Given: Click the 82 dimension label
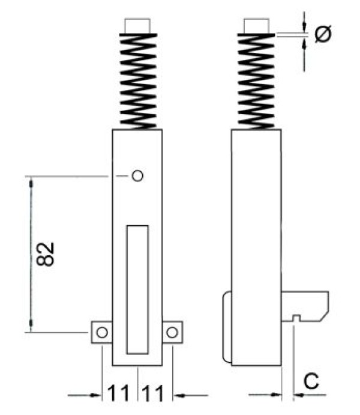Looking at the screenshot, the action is (45, 254).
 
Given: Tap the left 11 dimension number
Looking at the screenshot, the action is (118, 393).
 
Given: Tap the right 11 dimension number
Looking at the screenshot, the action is (153, 393).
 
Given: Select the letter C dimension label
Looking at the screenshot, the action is (311, 381).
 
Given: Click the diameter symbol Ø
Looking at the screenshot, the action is (323, 34).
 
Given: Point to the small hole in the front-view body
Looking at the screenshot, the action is (137, 176).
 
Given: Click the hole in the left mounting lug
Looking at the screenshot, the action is (102, 332).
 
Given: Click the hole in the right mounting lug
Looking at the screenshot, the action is (172, 332).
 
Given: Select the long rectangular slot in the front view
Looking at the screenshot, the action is (137, 290).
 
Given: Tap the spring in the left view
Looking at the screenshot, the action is (138, 81).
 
